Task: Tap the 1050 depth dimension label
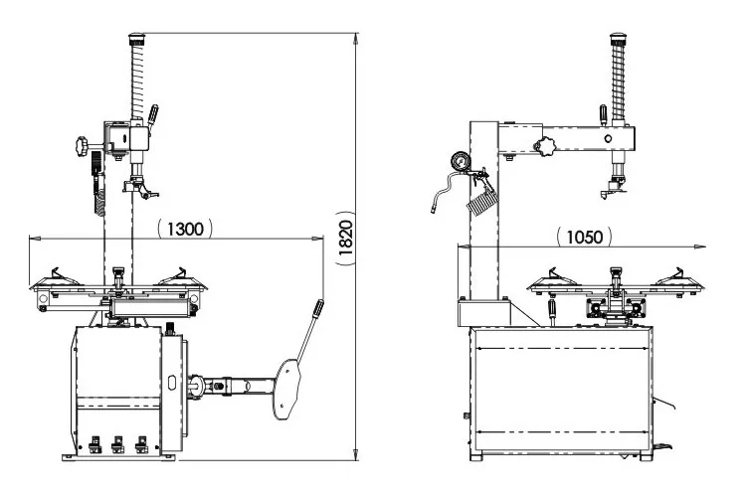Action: (584, 237)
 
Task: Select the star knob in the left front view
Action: (81, 147)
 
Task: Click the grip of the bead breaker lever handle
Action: (317, 311)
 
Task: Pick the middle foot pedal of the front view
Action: (118, 443)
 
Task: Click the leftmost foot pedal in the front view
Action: (94, 443)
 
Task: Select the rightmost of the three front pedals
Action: (141, 443)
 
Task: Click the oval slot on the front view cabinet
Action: (172, 382)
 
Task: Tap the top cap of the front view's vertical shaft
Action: (135, 41)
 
